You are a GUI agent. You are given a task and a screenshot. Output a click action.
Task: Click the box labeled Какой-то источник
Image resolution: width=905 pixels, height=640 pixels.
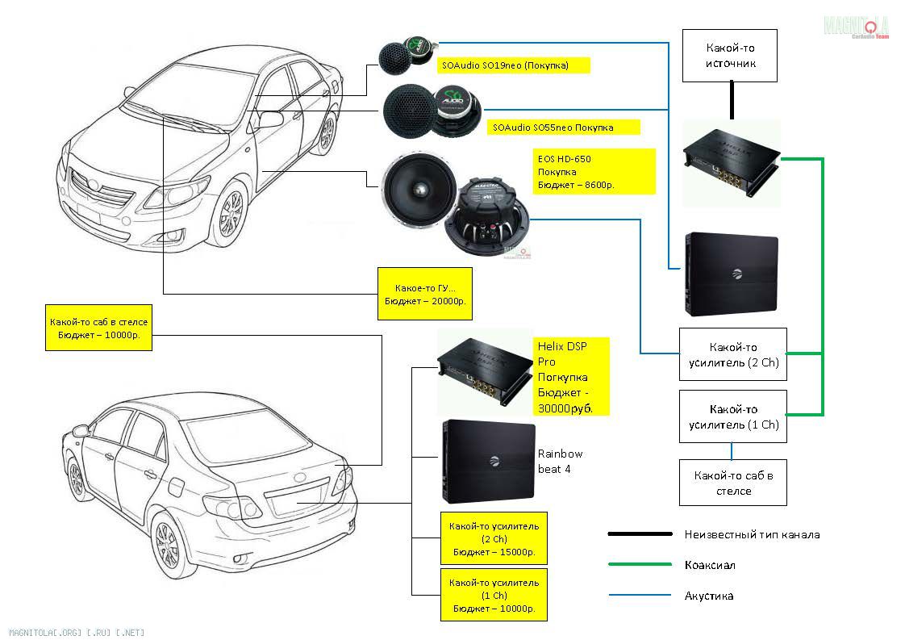click(x=730, y=56)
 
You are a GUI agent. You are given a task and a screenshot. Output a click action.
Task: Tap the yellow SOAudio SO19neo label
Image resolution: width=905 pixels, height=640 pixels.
click(x=513, y=65)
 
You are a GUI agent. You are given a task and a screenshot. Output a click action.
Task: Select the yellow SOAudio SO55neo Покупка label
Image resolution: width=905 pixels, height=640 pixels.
click(x=564, y=128)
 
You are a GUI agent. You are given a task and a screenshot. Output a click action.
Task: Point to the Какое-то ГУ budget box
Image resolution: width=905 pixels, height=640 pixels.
click(x=424, y=294)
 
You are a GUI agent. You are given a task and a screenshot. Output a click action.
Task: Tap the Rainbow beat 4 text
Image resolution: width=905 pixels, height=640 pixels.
click(x=560, y=461)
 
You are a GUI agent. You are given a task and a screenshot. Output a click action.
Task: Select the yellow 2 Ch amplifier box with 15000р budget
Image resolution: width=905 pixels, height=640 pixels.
click(x=494, y=538)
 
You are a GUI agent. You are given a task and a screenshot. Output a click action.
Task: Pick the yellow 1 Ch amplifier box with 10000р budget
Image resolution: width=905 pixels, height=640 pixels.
click(x=494, y=595)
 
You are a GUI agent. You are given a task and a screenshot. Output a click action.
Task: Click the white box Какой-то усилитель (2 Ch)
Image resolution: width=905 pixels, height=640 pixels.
click(x=733, y=354)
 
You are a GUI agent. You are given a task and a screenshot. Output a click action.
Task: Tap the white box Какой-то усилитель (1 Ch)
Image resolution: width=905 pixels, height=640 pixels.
click(x=733, y=416)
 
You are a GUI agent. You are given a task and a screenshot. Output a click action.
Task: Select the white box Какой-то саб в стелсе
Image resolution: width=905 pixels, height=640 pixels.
click(x=733, y=483)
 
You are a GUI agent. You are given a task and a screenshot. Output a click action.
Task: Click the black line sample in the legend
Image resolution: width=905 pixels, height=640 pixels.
click(x=639, y=533)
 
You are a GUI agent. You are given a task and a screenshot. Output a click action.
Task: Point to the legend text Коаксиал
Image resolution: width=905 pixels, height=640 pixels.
click(x=710, y=565)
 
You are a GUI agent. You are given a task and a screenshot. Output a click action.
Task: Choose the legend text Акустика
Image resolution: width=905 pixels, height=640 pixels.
click(x=709, y=596)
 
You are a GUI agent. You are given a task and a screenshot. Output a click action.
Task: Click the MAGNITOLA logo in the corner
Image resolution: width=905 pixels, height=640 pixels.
click(x=856, y=27)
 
